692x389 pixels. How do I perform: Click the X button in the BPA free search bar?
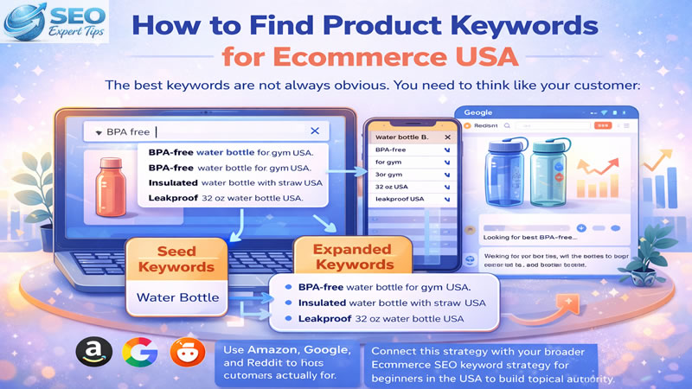click(x=314, y=131)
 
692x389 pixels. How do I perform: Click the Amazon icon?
click(x=92, y=353)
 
